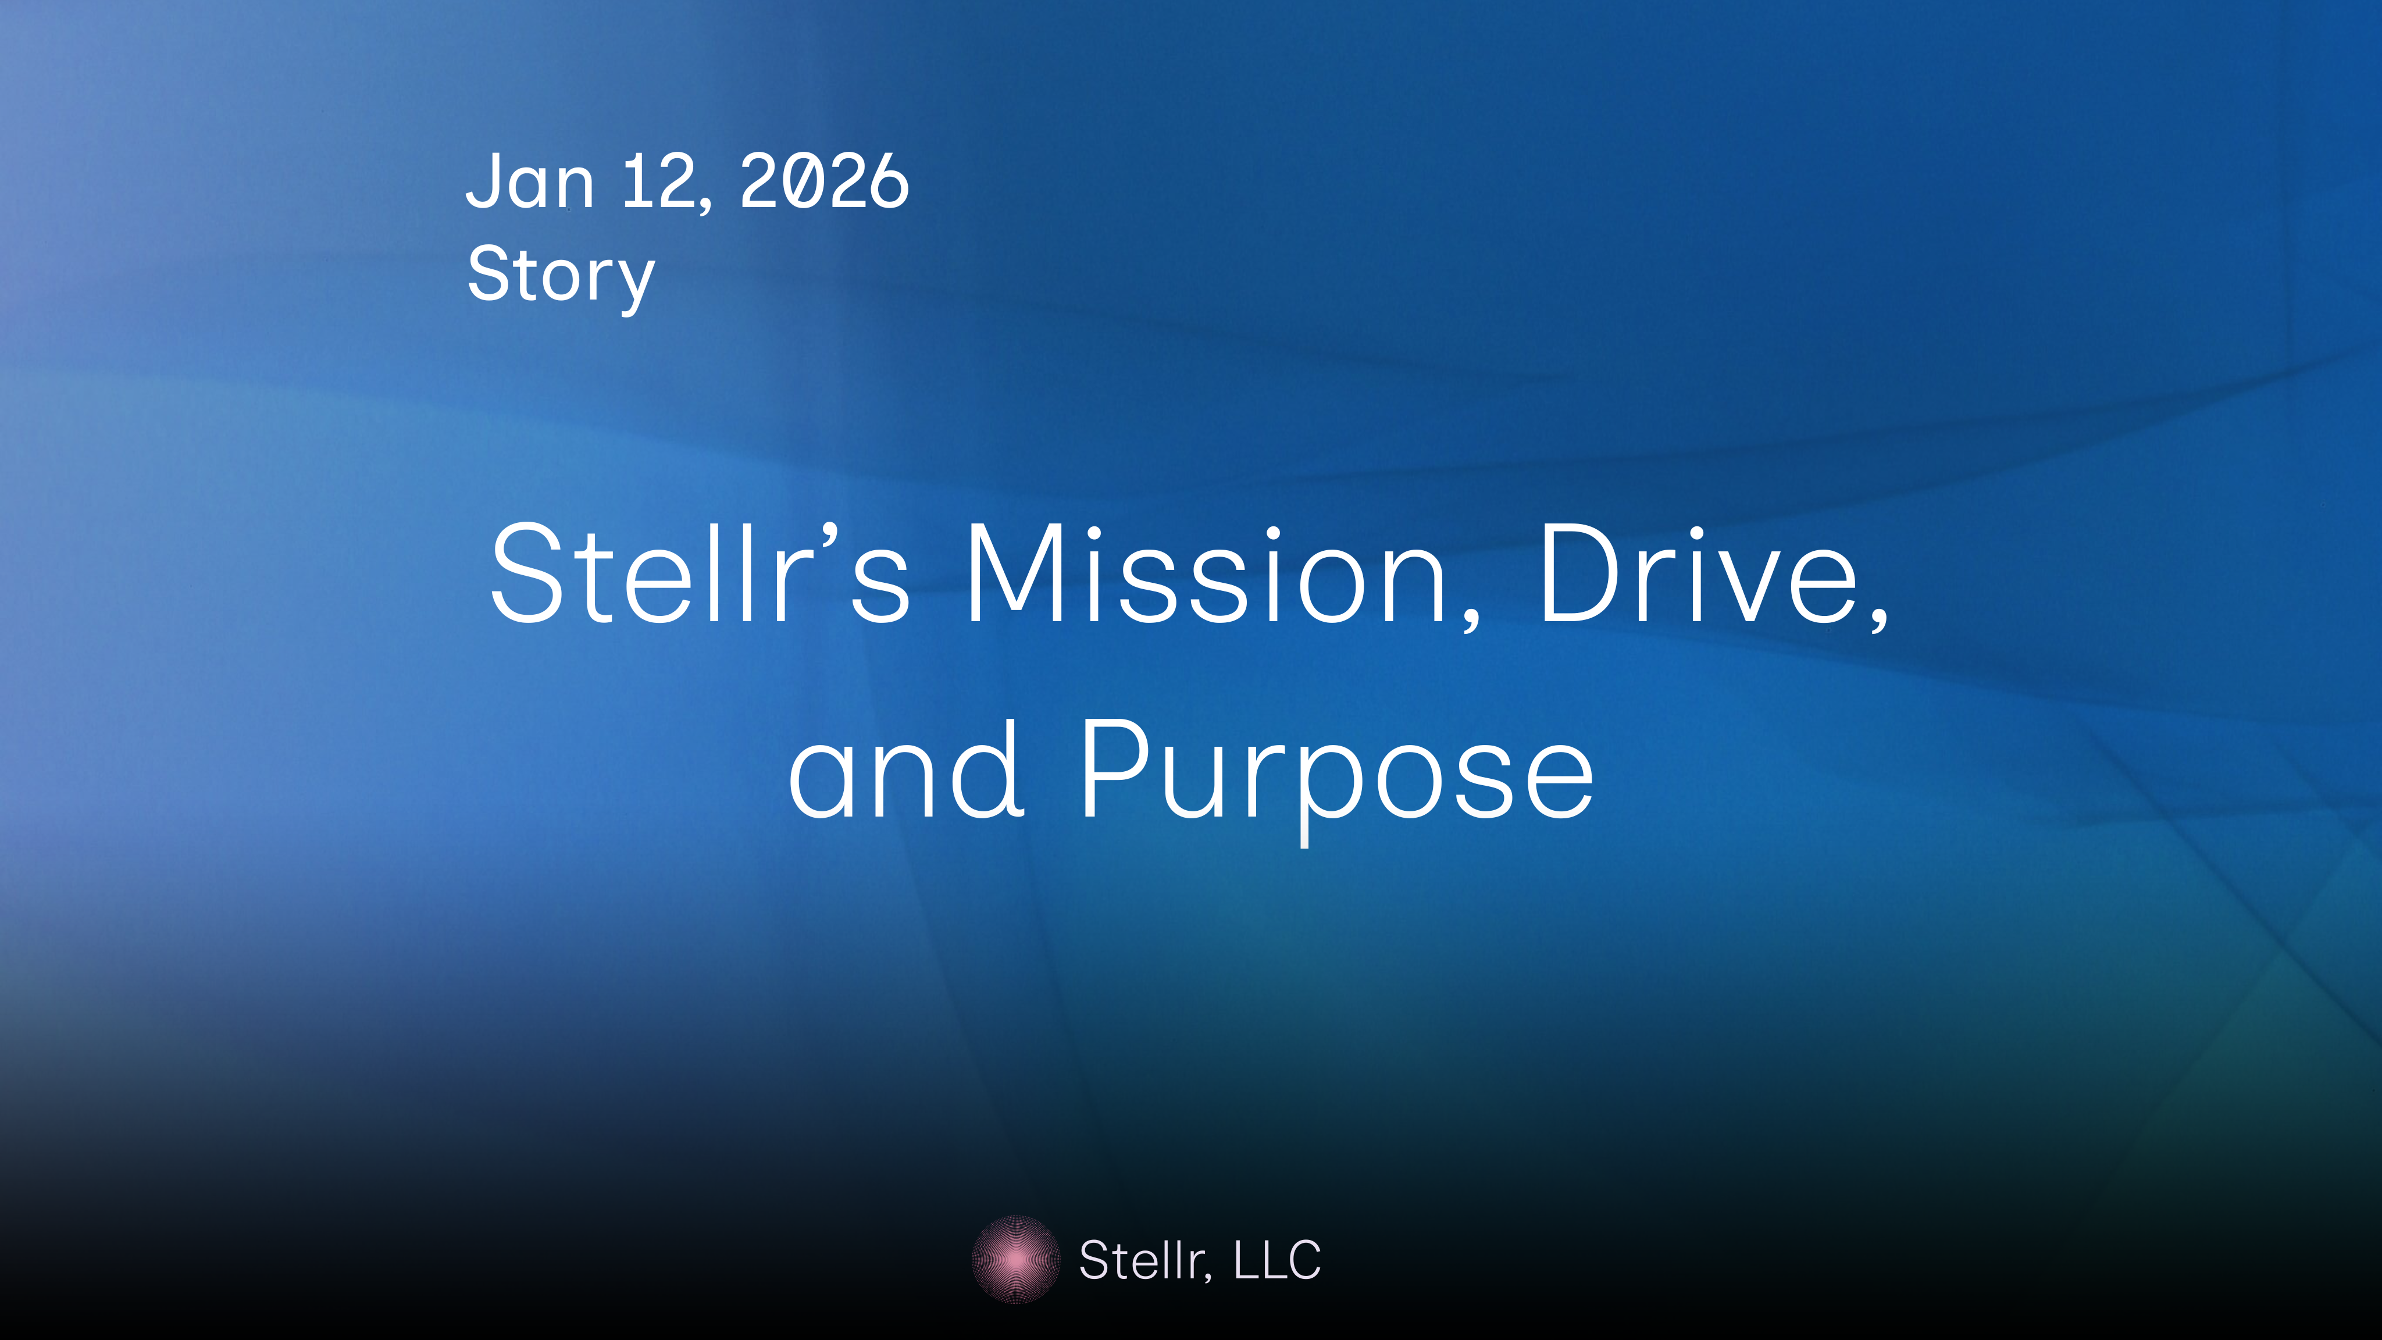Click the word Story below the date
(561, 275)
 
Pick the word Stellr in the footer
(1143, 1260)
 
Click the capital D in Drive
(1583, 573)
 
